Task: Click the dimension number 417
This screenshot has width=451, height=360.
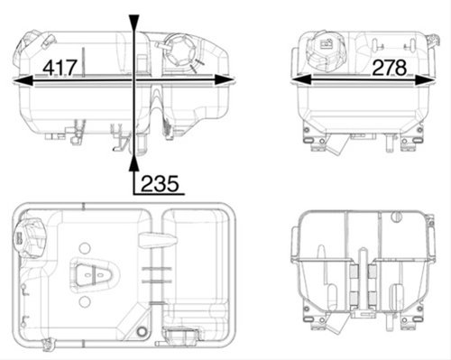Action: [x=60, y=68]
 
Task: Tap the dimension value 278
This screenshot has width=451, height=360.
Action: [x=390, y=68]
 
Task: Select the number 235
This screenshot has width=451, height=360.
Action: [x=160, y=183]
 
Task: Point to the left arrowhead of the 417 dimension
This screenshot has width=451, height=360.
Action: [x=23, y=81]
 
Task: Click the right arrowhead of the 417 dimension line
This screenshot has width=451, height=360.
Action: [x=225, y=81]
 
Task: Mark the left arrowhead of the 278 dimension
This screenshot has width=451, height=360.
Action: [x=300, y=81]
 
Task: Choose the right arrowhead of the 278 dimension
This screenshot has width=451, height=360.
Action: [x=425, y=81]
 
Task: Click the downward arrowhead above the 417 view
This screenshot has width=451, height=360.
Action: [x=133, y=23]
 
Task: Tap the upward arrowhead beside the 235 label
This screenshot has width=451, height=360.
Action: [x=133, y=164]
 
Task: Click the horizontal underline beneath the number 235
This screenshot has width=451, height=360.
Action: [x=159, y=194]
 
